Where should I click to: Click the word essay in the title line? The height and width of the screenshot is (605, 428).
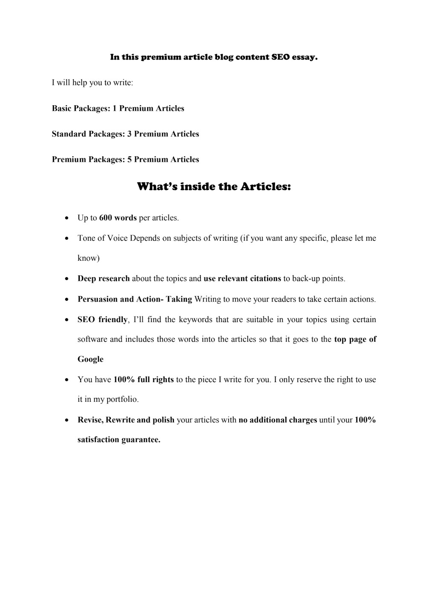pos(304,57)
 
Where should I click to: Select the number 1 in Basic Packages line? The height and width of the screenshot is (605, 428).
pos(115,109)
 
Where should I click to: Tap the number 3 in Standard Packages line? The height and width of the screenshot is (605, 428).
pos(130,134)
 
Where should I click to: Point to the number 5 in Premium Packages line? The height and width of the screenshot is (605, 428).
pos(130,160)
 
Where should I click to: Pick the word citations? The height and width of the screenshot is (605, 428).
pos(264,279)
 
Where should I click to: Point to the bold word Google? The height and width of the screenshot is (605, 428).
pos(90,359)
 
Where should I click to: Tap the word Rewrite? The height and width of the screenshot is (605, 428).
pos(120,420)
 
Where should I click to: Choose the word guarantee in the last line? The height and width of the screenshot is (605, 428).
pos(141,440)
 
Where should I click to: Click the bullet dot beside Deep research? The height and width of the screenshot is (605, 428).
pos(67,279)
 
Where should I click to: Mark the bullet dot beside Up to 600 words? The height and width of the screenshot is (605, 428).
pos(67,218)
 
